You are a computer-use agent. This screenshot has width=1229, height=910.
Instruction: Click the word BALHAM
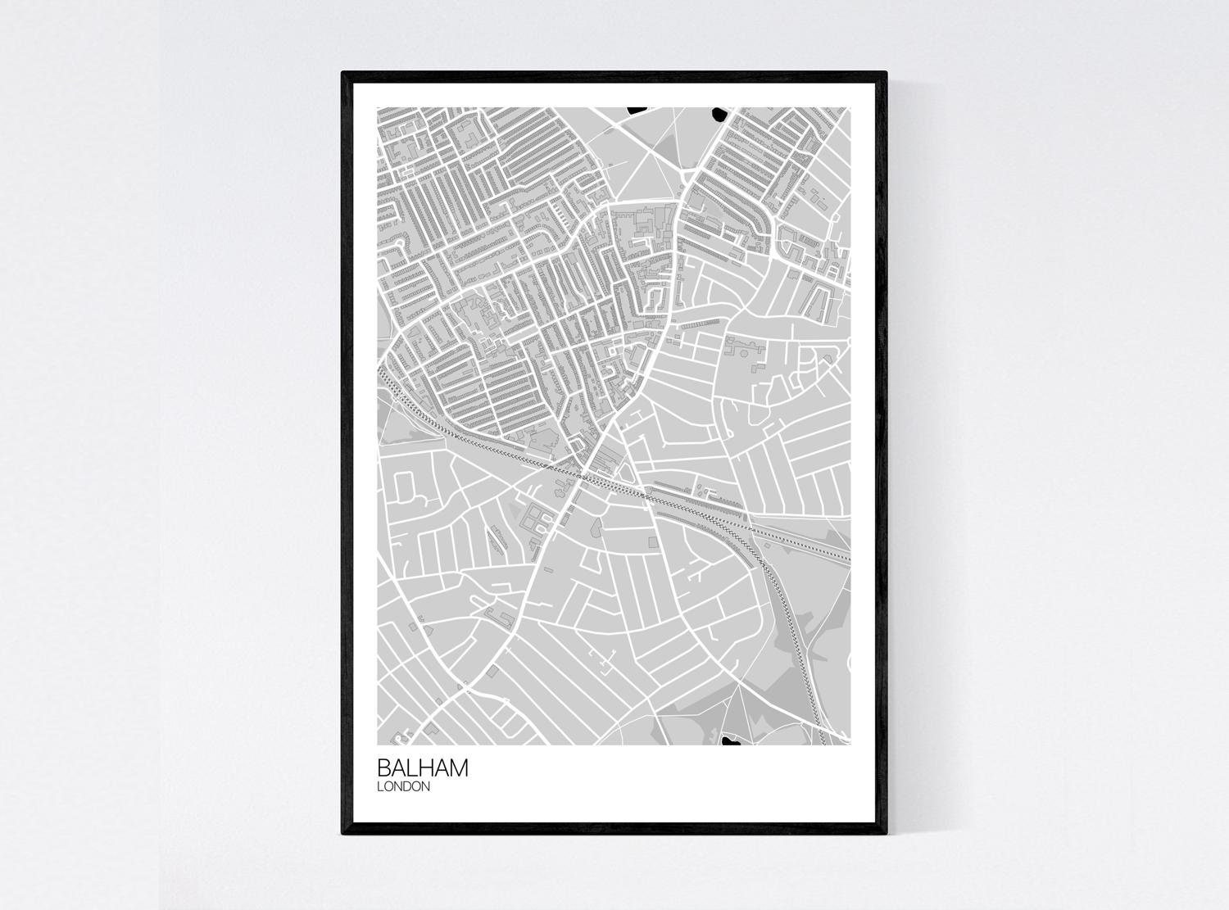click(x=423, y=768)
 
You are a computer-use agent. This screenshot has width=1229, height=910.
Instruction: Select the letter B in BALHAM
click(x=384, y=768)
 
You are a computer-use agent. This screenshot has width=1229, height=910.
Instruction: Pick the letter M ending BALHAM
click(x=458, y=768)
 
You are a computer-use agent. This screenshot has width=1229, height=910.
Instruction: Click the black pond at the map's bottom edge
click(x=728, y=740)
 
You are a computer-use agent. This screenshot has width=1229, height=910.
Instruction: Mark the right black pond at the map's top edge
click(x=719, y=113)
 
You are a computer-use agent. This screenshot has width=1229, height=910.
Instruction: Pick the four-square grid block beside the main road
click(x=534, y=518)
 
